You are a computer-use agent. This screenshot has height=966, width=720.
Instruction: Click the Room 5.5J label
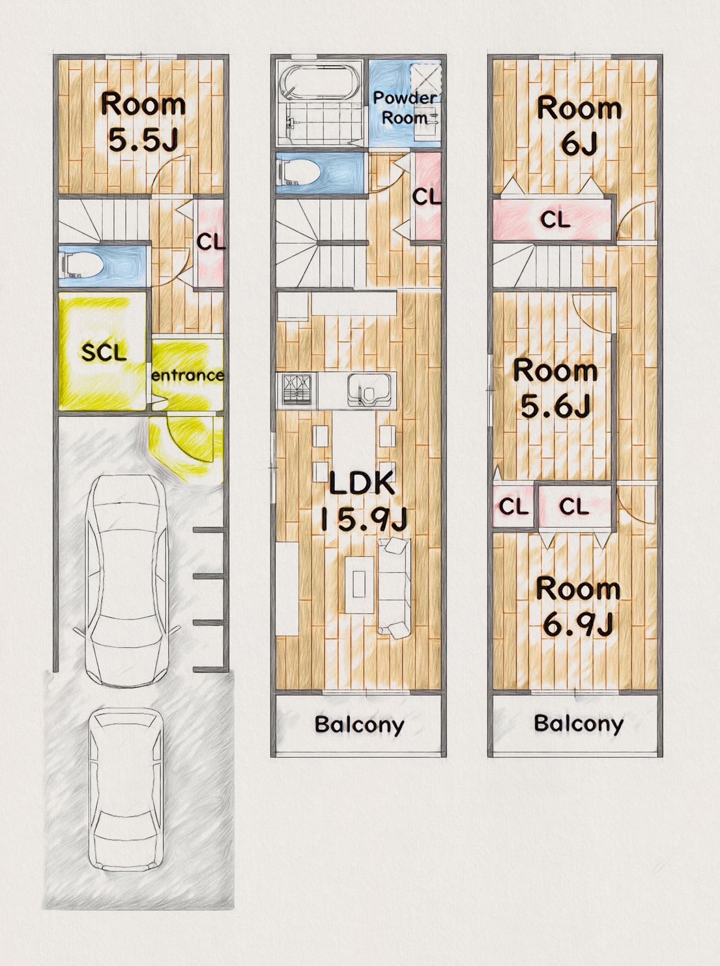[x=143, y=122]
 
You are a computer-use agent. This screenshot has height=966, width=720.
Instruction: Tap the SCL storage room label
[x=104, y=352]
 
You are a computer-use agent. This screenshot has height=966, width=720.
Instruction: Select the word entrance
[x=188, y=376]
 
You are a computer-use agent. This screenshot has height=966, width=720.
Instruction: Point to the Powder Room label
[x=405, y=108]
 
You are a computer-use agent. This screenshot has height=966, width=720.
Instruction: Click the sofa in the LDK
[x=394, y=588]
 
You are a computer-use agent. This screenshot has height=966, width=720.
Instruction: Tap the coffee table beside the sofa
[x=359, y=584]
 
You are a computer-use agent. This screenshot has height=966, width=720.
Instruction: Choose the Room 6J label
[x=579, y=126]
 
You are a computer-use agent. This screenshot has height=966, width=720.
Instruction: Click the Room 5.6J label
[x=556, y=388]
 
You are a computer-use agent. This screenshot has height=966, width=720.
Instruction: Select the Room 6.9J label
[x=578, y=607]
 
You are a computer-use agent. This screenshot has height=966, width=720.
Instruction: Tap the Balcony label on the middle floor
[x=360, y=724]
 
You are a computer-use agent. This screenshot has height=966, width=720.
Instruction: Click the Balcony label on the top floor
[x=579, y=723]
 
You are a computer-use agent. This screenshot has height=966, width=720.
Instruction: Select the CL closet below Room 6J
[x=553, y=220]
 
